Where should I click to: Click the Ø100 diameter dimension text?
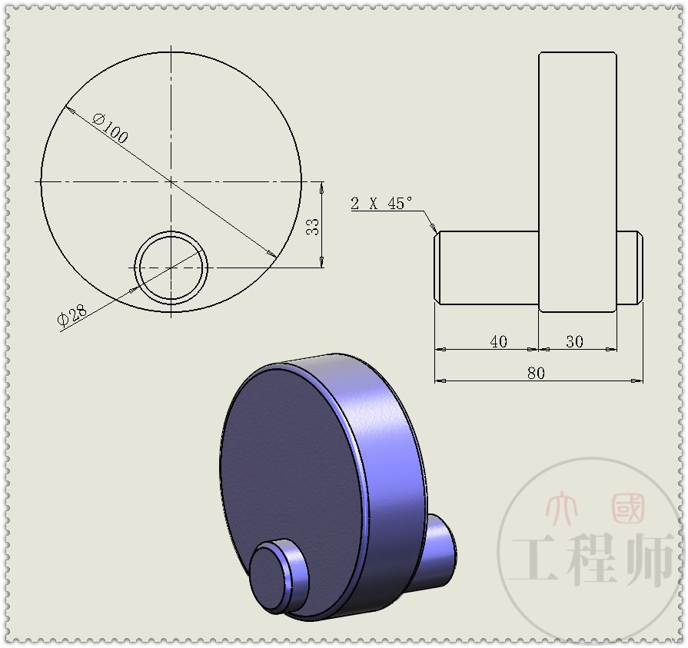[110, 128]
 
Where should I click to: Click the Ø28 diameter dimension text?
[74, 315]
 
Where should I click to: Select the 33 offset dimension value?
[313, 225]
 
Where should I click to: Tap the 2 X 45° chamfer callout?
[381, 203]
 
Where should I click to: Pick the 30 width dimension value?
[574, 342]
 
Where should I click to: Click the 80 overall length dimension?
[536, 373]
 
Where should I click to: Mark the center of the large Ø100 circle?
[171, 181]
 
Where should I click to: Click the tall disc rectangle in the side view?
[577, 138]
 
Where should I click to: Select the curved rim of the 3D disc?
[384, 446]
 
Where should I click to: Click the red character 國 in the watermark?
[628, 508]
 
